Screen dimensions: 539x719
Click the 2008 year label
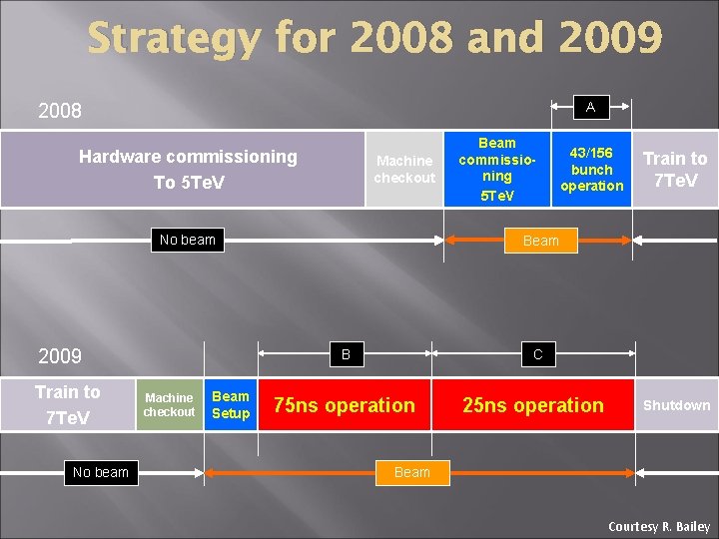(x=59, y=111)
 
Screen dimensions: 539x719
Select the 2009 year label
(x=59, y=356)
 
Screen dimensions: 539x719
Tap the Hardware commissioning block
(x=188, y=169)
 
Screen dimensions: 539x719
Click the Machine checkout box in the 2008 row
(x=404, y=169)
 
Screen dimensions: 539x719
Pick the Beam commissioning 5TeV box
(x=497, y=169)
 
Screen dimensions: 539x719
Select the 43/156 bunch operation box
(x=591, y=169)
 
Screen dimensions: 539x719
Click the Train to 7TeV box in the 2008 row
(x=675, y=169)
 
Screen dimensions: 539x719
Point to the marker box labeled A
(x=590, y=107)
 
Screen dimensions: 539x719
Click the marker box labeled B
(x=346, y=353)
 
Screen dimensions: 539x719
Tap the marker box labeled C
(x=537, y=353)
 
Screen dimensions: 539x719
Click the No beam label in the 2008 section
(x=188, y=240)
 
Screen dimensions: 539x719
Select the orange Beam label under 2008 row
(x=540, y=241)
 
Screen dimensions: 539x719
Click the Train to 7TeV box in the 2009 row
(x=67, y=404)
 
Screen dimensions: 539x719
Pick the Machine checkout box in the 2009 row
(x=169, y=404)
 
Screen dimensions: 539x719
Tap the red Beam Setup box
(x=231, y=404)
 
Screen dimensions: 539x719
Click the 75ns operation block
(x=345, y=404)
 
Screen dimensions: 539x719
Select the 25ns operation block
(x=533, y=404)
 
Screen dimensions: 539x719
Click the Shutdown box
(x=676, y=404)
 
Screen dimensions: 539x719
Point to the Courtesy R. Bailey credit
(x=659, y=526)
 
